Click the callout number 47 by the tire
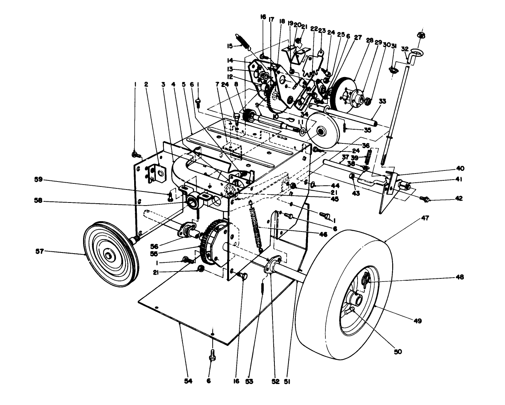click(x=425, y=219)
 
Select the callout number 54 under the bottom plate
click(x=178, y=381)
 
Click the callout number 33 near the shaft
click(x=383, y=101)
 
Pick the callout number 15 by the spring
click(x=229, y=46)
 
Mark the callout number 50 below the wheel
click(x=398, y=352)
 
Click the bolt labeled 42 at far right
click(x=426, y=199)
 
